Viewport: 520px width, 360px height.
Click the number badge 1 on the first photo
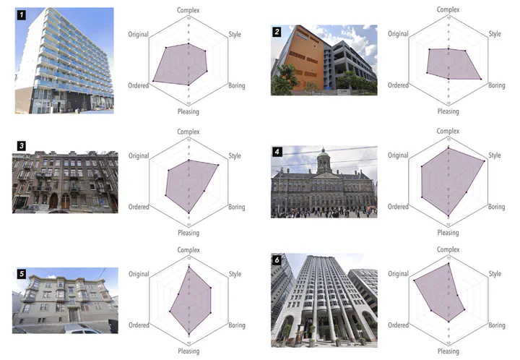tap(22, 14)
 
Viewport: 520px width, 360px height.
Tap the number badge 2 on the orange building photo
tap(277, 32)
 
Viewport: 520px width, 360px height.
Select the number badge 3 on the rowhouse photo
tap(22, 146)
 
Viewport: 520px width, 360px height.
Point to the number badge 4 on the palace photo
tap(277, 152)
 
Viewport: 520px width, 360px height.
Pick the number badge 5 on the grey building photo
tap(22, 274)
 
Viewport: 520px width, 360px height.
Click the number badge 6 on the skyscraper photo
tap(277, 260)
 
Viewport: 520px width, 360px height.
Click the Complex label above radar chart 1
tap(188, 9)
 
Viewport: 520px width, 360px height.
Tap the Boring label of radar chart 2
tap(496, 85)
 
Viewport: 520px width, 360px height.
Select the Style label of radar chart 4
tap(495, 155)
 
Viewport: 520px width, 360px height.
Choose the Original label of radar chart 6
tap(398, 274)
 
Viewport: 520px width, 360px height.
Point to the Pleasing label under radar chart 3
tap(188, 233)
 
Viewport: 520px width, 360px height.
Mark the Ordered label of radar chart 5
tap(139, 327)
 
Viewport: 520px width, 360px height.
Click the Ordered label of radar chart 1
tap(139, 85)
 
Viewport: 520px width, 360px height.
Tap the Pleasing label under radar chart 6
tap(448, 351)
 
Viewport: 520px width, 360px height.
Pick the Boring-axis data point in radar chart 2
tap(480, 79)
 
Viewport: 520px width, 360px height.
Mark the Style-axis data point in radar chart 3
tap(218, 165)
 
